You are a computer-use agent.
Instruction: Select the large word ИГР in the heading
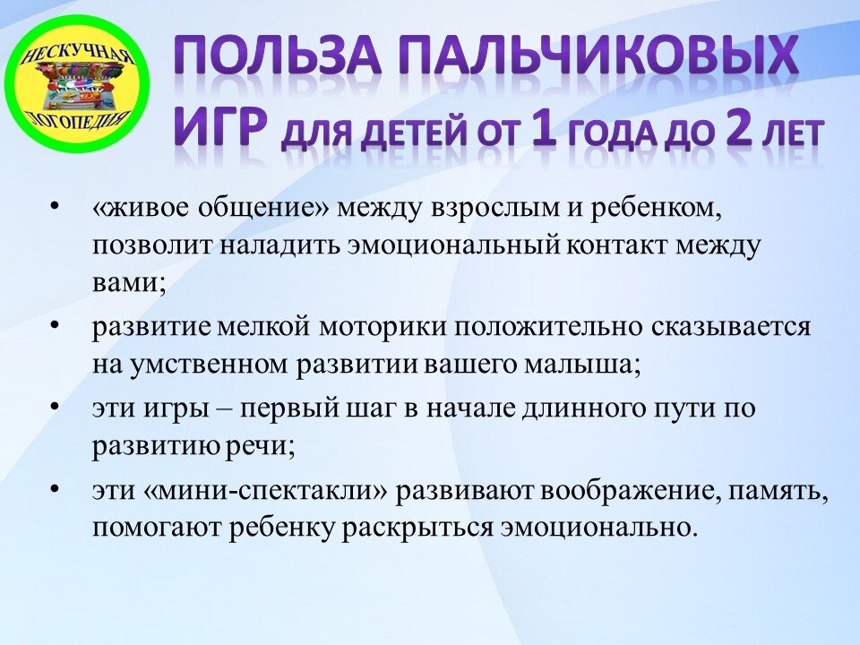[219, 128]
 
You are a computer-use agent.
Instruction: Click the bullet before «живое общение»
[56, 208]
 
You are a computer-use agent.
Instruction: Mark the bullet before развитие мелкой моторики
[56, 324]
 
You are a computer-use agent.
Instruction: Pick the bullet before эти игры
[56, 408]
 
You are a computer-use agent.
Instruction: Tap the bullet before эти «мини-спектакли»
[56, 490]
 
